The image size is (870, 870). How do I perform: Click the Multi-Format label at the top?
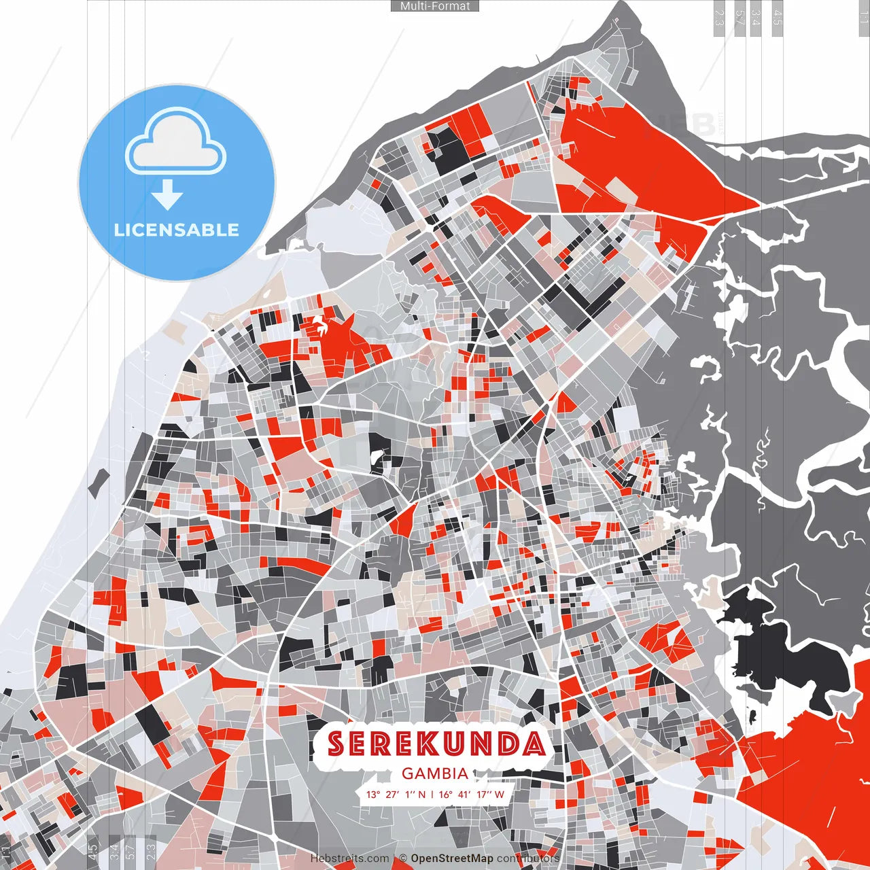pos(435,6)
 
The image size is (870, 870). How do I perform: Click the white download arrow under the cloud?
pos(167,194)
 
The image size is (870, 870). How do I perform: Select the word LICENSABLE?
pos(177,230)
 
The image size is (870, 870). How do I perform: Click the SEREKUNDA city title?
pos(436,744)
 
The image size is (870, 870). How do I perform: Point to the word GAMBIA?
pos(435,773)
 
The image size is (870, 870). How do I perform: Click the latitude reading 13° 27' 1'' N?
pos(396,795)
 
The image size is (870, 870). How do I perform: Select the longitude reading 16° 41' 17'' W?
pos(472,795)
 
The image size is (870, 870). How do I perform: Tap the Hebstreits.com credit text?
pos(350,858)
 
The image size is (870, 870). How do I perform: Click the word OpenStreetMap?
pos(452,858)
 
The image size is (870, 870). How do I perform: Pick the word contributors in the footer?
pos(528,858)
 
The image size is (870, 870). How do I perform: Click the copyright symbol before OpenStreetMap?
pos(403,858)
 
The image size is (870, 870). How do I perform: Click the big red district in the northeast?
pos(646,163)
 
